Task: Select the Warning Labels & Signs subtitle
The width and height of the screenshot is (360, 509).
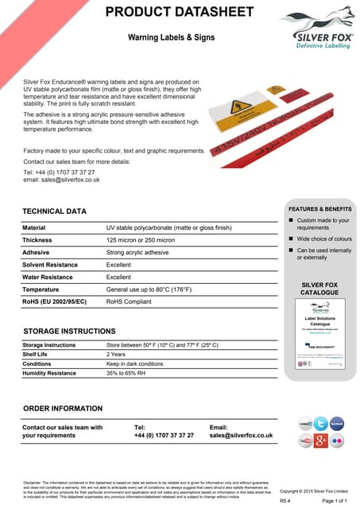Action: [x=170, y=37]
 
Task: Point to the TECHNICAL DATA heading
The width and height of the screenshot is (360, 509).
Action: [x=54, y=212]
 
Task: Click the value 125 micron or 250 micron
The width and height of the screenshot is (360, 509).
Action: [x=141, y=239]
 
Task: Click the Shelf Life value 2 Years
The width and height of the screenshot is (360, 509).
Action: [x=115, y=355]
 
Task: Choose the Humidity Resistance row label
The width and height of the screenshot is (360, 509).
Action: [x=49, y=372]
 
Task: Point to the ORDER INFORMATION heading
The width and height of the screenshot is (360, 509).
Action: [x=63, y=408]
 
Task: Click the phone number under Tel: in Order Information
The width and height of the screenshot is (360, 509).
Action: [x=164, y=436]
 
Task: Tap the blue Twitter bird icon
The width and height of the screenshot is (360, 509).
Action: [x=320, y=423]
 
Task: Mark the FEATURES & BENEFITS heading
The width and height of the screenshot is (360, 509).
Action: [x=319, y=208]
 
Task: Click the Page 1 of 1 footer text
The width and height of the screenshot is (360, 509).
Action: [x=335, y=500]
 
